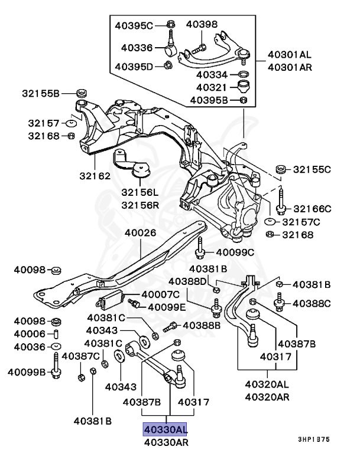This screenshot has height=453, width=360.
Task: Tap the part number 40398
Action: pyautogui.click(x=202, y=24)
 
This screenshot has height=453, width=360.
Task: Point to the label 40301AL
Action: pyautogui.click(x=289, y=55)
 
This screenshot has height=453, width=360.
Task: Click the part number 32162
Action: pyautogui.click(x=95, y=175)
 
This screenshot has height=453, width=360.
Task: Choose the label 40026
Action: pyautogui.click(x=140, y=232)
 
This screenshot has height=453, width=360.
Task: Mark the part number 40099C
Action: pyautogui.click(x=235, y=252)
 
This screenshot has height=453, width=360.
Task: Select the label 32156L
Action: pyautogui.click(x=141, y=193)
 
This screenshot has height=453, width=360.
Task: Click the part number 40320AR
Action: pyautogui.click(x=268, y=396)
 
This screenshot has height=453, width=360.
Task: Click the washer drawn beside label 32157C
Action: pyautogui.click(x=271, y=222)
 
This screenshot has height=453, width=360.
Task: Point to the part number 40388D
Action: pyautogui.click(x=189, y=281)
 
